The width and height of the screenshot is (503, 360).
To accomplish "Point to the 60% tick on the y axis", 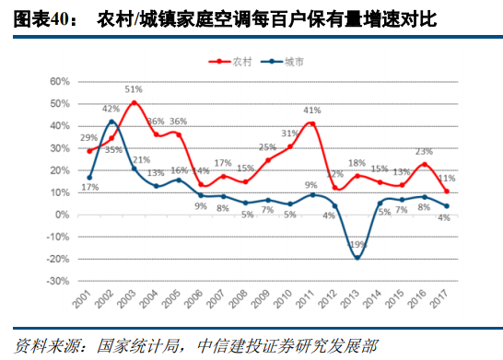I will click(x=58, y=82).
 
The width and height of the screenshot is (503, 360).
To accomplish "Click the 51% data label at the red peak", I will click(x=134, y=89).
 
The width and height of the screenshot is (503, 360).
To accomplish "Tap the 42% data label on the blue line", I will click(x=111, y=110).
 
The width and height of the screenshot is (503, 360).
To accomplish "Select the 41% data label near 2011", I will click(x=312, y=110).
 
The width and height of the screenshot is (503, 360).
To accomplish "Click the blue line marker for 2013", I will click(x=357, y=258).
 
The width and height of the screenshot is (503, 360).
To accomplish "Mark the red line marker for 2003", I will click(x=135, y=102).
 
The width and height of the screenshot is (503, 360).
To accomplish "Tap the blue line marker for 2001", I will click(x=90, y=178).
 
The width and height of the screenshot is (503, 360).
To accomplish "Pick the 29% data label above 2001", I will click(x=89, y=138).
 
